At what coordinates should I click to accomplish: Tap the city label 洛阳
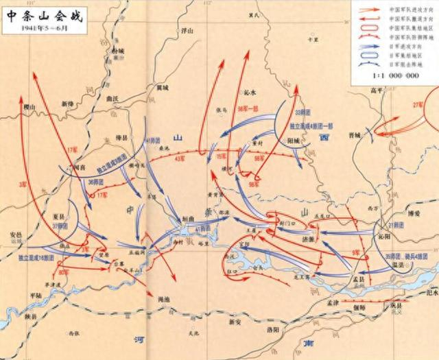click(x=272, y=330)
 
